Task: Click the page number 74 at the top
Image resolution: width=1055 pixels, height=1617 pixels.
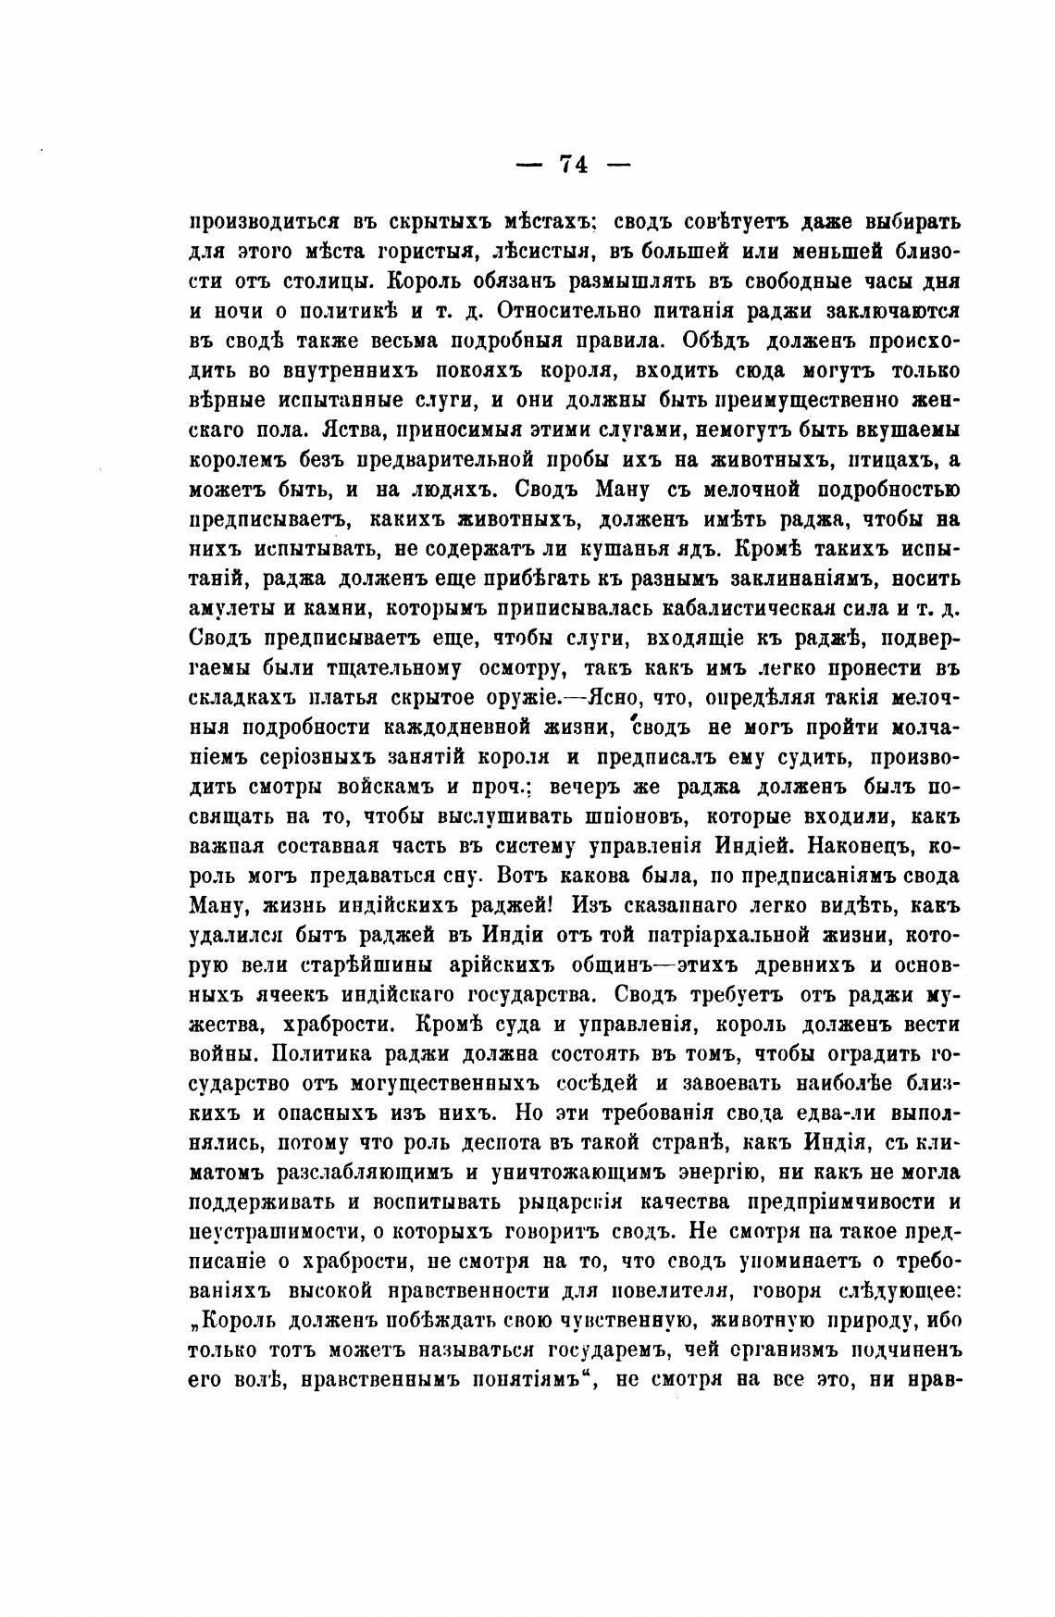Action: pos(573,165)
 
